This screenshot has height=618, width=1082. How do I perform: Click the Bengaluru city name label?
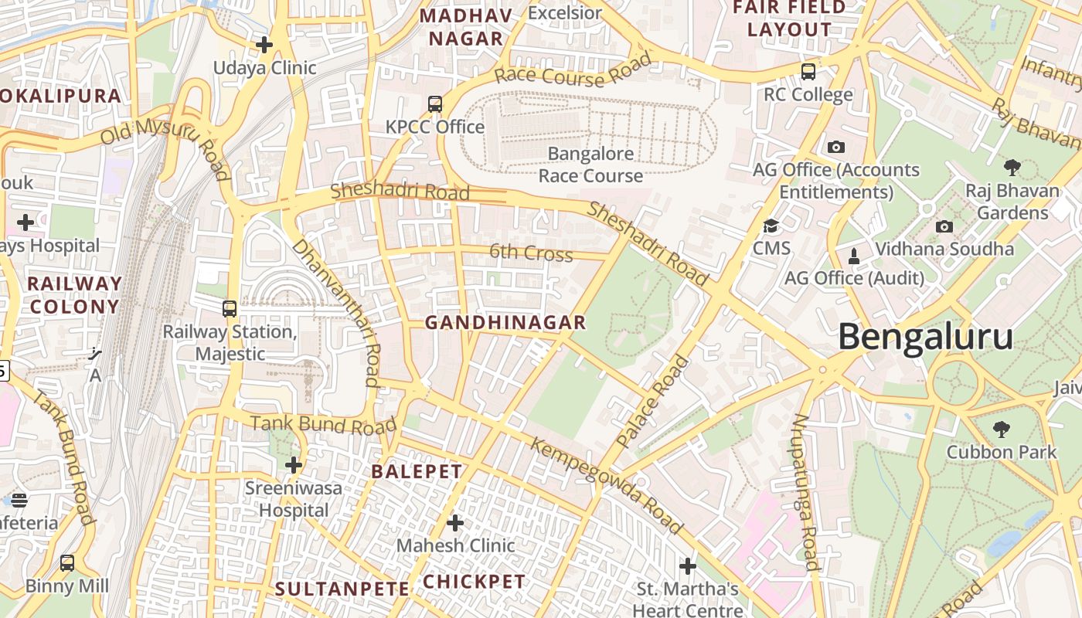pos(925,338)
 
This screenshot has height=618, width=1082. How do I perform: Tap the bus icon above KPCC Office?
pos(435,104)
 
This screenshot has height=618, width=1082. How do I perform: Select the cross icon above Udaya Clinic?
pos(264,45)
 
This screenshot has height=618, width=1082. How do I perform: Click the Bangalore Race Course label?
pos(590,165)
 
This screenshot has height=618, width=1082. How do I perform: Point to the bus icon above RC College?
pos(808,72)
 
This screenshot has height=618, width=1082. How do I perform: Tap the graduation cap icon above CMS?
pos(771,226)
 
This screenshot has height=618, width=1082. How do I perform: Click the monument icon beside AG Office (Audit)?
pos(854,256)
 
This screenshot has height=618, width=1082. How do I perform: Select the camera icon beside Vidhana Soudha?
pos(944,226)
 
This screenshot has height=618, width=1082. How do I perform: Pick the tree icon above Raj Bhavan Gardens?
pos(1012,167)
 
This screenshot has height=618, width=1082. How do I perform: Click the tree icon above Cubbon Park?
pos(1001,429)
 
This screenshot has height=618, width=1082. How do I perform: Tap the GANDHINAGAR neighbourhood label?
pos(505,323)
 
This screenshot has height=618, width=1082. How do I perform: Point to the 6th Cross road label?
pos(531,253)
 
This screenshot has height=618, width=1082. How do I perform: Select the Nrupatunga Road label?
pos(805,492)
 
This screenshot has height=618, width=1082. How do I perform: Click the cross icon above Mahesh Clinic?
pos(455,523)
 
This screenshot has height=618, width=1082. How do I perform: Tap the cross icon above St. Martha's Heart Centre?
pos(687,566)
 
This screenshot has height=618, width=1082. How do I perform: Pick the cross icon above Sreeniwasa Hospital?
pos(294,465)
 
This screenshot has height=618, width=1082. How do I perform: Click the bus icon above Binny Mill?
pos(67,562)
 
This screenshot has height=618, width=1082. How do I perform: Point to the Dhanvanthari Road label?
pos(336,311)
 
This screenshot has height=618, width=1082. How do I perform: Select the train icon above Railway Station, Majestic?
pos(230,309)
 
